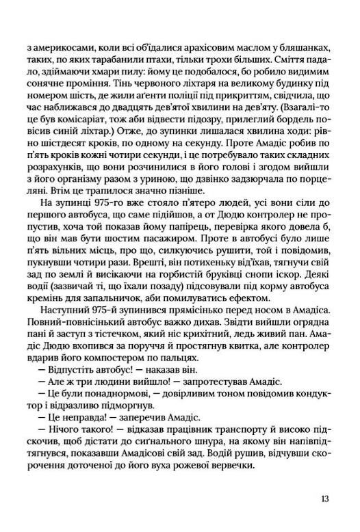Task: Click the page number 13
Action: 324,498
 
